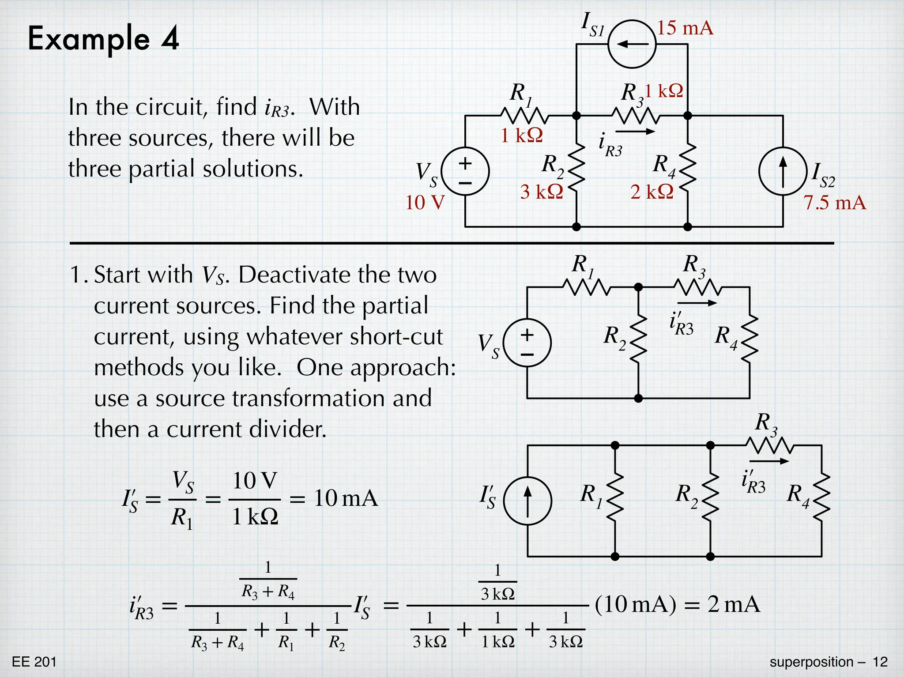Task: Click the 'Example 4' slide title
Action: click(x=103, y=38)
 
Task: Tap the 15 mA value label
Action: click(x=685, y=28)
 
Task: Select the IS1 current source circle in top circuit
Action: click(x=632, y=44)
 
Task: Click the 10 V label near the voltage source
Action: click(x=425, y=203)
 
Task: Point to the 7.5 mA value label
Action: click(x=834, y=203)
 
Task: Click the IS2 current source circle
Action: click(x=783, y=171)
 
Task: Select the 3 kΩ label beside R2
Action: click(x=542, y=192)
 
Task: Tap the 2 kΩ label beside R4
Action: click(x=652, y=192)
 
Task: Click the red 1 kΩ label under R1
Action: click(x=521, y=136)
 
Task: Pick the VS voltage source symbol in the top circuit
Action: click(x=465, y=171)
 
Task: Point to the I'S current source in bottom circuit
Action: click(x=527, y=501)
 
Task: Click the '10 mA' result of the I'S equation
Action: click(x=346, y=499)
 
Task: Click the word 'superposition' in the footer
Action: click(x=811, y=662)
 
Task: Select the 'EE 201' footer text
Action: click(x=34, y=662)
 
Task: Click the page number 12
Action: click(x=880, y=662)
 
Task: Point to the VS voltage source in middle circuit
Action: click(x=527, y=343)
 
